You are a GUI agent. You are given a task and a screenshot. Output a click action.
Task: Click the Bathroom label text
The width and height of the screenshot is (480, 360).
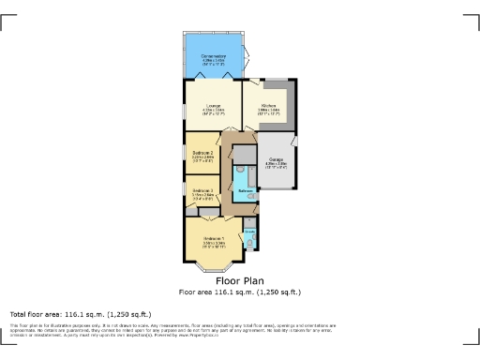(246, 190)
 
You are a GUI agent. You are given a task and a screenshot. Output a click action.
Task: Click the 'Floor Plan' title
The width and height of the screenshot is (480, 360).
(240, 280)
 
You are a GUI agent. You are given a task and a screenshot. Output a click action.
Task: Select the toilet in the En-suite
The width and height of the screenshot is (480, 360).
(249, 242)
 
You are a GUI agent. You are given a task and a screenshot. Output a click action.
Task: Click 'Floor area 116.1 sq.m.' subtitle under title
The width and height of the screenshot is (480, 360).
(240, 292)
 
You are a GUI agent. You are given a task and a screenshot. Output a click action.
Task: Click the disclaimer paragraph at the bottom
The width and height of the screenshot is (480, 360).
(169, 330)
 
